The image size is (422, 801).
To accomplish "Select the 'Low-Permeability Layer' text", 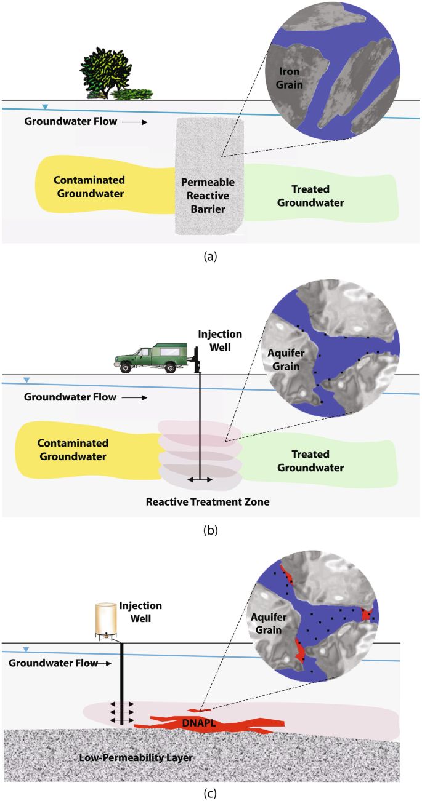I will point(136,758).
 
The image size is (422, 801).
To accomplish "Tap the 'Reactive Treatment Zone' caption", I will point(208,501).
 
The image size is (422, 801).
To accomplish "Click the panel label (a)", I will point(211,257).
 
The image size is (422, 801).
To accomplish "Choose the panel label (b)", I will point(211,528).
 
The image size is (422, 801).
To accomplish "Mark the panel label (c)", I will point(211,789).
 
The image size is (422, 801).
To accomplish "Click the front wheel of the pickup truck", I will point(127,368).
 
